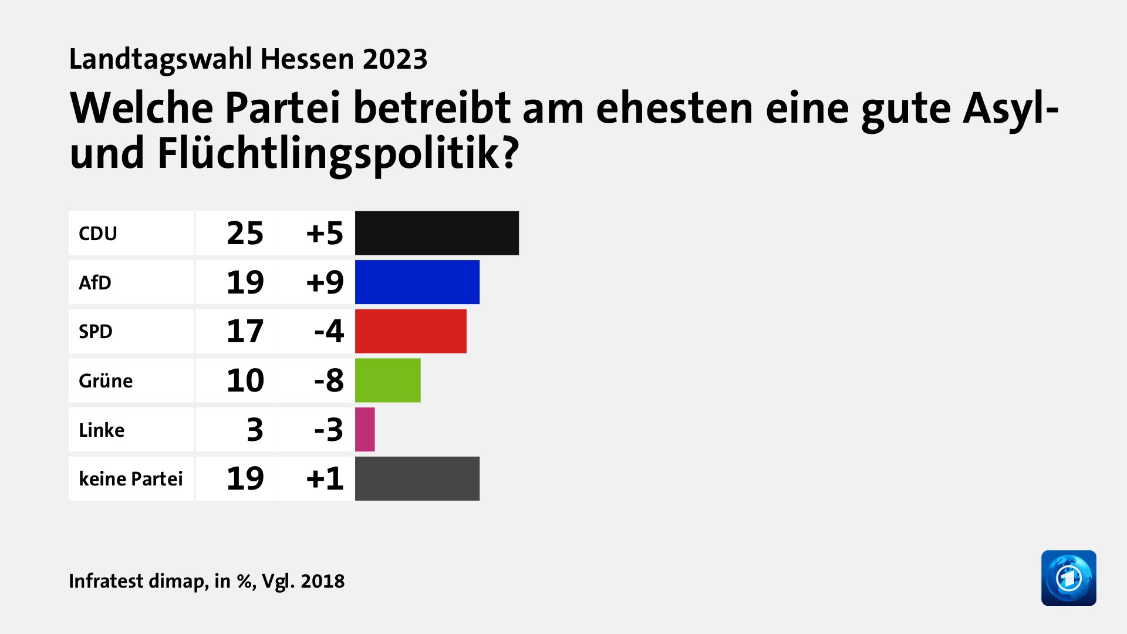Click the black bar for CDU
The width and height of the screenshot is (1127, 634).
(437, 233)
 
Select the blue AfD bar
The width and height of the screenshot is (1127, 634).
(417, 282)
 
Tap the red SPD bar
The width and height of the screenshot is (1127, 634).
(410, 331)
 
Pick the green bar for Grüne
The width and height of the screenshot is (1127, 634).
(387, 380)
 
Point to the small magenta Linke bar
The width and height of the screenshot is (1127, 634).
(365, 430)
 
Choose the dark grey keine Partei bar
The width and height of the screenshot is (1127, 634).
(417, 478)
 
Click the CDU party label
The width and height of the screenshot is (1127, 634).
(98, 234)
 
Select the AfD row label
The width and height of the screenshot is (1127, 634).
(95, 283)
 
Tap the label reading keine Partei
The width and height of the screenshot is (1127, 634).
(131, 479)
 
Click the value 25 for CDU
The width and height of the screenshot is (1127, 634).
(245, 234)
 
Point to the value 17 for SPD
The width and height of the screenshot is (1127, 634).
(245, 332)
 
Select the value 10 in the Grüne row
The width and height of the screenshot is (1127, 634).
(245, 380)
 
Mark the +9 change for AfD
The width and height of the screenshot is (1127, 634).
(325, 282)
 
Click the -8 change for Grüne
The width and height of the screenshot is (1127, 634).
(329, 380)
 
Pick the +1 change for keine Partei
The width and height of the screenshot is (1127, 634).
(325, 478)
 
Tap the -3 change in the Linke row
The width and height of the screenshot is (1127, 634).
(329, 430)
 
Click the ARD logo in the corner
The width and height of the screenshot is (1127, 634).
(1068, 578)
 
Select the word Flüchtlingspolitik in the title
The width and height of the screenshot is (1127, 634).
(338, 154)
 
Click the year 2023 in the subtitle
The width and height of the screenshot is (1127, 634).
(395, 59)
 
